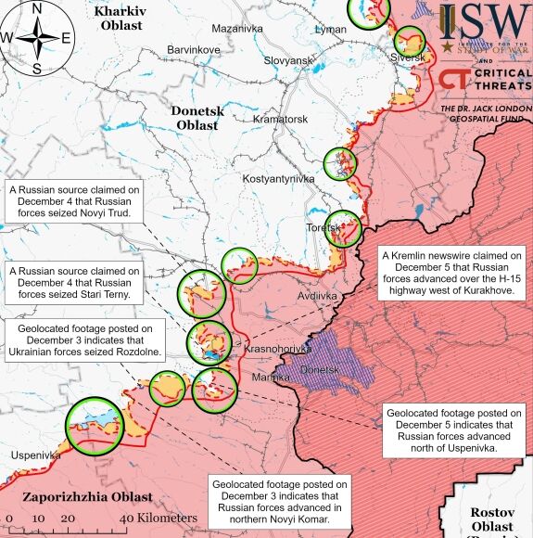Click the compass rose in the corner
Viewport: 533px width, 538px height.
pos(37,38)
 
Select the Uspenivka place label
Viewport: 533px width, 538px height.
pos(36,455)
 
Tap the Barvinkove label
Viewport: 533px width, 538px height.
pos(194,49)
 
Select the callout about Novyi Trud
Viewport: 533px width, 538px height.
pos(75,201)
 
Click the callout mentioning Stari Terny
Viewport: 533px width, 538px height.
pos(75,283)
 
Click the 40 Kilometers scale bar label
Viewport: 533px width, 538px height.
pos(158,518)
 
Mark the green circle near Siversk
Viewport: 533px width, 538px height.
pos(409,41)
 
